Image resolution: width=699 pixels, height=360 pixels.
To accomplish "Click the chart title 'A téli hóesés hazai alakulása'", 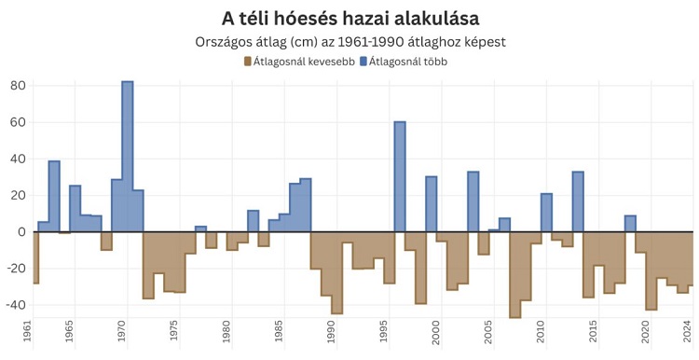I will point(349,19).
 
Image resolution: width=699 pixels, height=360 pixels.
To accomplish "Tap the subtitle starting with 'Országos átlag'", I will point(349,43).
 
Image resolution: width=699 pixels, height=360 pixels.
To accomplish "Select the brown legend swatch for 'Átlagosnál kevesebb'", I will point(248,62).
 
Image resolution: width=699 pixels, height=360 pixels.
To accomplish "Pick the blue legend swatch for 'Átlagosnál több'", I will point(363,62).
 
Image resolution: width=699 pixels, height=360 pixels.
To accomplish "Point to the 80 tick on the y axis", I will point(17,86).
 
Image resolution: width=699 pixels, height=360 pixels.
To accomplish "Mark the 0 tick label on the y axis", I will point(21,232).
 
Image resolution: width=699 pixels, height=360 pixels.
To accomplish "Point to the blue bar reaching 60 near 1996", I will point(400,177).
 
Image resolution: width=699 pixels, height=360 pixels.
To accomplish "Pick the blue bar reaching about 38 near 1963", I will point(54,197).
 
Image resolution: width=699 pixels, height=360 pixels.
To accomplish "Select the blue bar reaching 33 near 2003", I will point(473,201).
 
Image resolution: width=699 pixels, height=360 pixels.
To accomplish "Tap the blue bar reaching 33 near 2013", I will point(578,201).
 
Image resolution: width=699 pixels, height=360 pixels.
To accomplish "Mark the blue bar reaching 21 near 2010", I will point(546,213).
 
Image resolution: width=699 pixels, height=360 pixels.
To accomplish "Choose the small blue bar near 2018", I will point(630,224).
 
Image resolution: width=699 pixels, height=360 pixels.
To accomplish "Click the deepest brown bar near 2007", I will point(514,274).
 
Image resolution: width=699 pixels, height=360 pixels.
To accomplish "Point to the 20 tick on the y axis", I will point(17,196).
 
